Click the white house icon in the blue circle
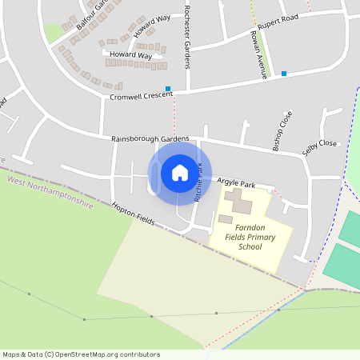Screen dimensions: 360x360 coord(179,172)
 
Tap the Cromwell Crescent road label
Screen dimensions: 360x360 coord(142,96)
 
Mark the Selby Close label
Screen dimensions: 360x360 coord(319,144)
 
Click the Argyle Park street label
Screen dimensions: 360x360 coord(237,182)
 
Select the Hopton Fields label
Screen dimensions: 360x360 coord(133,211)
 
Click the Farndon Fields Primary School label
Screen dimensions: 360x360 coord(250,238)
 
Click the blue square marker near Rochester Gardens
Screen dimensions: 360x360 coord(168,88)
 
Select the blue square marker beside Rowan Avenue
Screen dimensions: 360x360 coord(284,74)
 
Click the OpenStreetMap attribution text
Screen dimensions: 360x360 coord(81,354)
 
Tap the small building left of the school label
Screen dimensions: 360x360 coord(226,218)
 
